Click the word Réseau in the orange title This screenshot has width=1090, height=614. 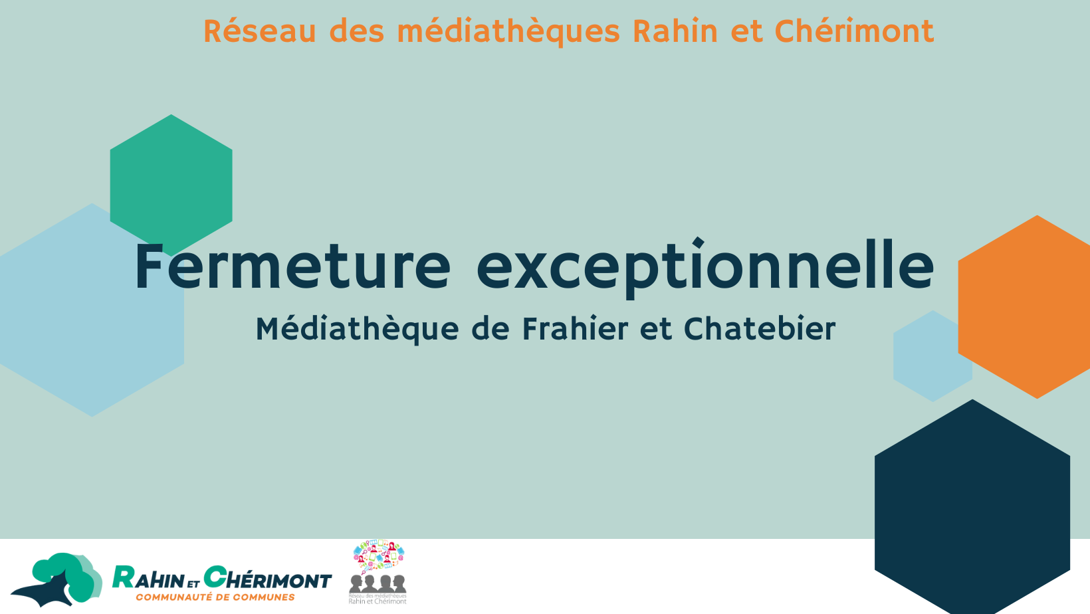[x=259, y=31]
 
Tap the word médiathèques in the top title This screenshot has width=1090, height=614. [x=508, y=32]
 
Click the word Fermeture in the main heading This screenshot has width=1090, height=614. [x=292, y=266]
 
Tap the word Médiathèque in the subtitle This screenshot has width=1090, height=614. [x=357, y=330]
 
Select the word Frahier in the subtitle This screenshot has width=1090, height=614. [x=575, y=328]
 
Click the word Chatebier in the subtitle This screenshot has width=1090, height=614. [x=760, y=328]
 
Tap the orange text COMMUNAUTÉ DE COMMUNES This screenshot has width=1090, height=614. [x=215, y=597]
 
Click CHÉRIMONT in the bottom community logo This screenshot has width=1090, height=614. [x=268, y=578]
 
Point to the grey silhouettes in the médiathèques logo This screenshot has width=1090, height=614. [x=378, y=583]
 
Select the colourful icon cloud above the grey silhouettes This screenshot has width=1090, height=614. [x=379, y=557]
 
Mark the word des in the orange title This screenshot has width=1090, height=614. [x=357, y=31]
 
